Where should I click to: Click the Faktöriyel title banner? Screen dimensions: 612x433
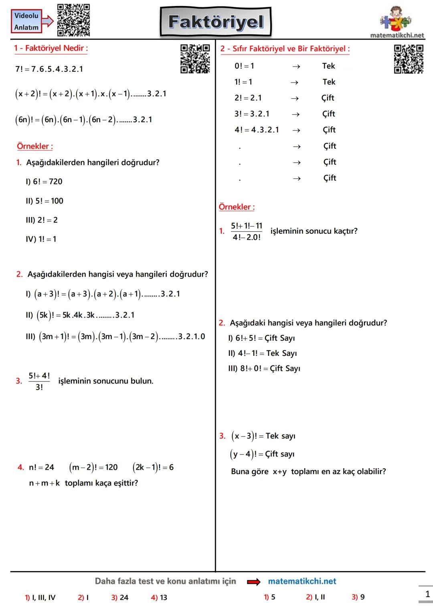click(x=216, y=22)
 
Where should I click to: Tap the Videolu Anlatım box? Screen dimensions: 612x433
click(x=26, y=21)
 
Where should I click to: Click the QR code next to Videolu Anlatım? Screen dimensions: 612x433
click(x=73, y=20)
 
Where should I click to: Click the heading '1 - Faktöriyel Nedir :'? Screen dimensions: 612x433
click(x=51, y=48)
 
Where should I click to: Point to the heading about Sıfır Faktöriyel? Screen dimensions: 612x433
click(x=285, y=49)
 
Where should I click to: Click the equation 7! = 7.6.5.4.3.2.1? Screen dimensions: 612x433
click(x=49, y=69)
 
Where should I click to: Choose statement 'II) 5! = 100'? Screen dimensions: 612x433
click(x=45, y=201)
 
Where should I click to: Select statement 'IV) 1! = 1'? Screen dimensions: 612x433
click(x=41, y=239)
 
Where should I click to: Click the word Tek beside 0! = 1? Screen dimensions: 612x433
click(x=328, y=66)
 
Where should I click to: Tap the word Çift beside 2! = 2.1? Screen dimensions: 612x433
click(x=328, y=98)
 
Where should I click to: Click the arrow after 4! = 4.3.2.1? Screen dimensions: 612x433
click(x=296, y=130)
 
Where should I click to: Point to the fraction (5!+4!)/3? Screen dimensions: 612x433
click(x=39, y=381)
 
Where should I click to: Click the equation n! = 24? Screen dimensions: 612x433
click(x=41, y=467)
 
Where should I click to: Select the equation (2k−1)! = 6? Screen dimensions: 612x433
click(x=153, y=467)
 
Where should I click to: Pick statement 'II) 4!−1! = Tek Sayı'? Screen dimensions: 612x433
click(x=263, y=353)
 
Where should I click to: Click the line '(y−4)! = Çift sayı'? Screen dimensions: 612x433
click(x=262, y=454)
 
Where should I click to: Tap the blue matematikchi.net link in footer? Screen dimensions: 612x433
click(x=302, y=581)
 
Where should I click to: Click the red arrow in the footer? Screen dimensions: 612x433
click(x=253, y=582)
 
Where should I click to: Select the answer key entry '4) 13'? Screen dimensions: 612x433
click(x=159, y=598)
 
